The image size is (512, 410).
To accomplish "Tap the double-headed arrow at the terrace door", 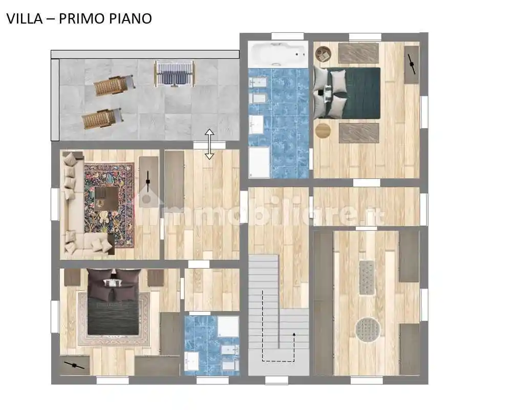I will pos(209,144).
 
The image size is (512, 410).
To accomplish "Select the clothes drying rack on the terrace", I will pos(174,73).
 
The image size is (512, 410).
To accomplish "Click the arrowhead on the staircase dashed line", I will pos(294,334).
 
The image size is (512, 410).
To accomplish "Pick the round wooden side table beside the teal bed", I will pos(324,130).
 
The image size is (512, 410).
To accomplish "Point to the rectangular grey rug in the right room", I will pos(367,277).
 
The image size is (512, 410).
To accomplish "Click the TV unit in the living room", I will pos(148,182).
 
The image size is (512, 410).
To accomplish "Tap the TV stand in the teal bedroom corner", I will pos(411,65).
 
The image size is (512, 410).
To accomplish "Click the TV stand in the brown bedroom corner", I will pos(75,365).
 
